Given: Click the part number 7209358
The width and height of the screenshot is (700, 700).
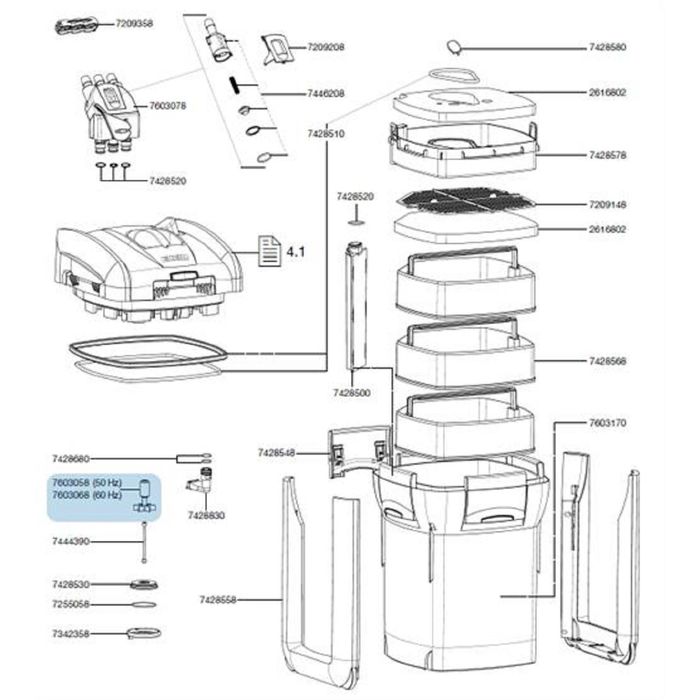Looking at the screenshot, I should tap(133, 22).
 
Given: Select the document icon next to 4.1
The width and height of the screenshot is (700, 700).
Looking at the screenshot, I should tap(268, 251).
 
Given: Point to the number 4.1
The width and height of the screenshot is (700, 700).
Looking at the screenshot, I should tap(295, 252).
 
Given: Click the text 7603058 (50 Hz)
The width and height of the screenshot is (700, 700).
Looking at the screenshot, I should tap(87, 484).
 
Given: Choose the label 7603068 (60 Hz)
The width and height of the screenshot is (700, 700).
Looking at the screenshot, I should tap(87, 494).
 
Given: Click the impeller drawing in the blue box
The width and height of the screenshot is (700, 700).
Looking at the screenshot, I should tap(145, 496).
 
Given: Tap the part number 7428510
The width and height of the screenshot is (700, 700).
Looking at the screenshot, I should tap(325, 133).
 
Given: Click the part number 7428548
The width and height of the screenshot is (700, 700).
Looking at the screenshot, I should tap(277, 453).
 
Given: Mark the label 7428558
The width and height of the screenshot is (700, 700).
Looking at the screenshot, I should tap(219, 600).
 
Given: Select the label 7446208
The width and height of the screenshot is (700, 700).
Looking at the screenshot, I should tap(325, 93).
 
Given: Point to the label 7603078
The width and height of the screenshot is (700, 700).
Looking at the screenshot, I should tap(169, 104).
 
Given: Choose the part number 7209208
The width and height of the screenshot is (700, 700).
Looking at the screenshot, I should tap(325, 47).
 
